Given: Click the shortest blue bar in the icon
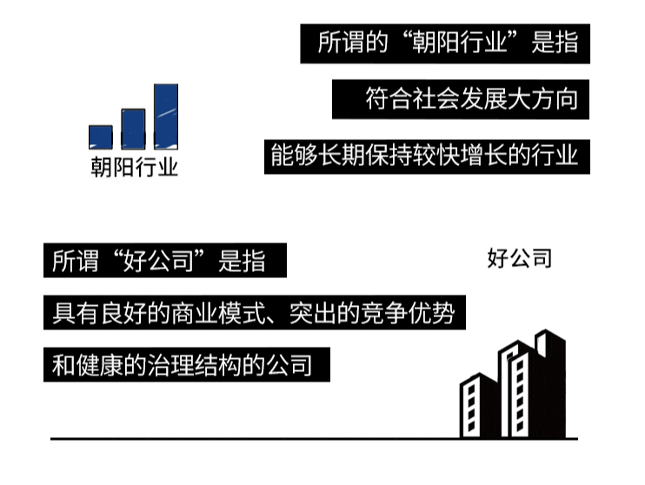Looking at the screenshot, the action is click(101, 136).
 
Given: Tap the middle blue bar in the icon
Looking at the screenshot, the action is click(133, 128).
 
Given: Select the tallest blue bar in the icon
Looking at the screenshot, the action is click(166, 116).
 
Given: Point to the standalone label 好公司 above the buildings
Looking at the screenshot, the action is click(520, 258).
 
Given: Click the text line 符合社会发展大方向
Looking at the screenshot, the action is click(461, 100).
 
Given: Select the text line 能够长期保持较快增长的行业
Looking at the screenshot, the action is click(427, 156).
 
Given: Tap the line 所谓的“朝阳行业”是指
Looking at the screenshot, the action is click(445, 43).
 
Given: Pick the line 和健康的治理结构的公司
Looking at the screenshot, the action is click(185, 364).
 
